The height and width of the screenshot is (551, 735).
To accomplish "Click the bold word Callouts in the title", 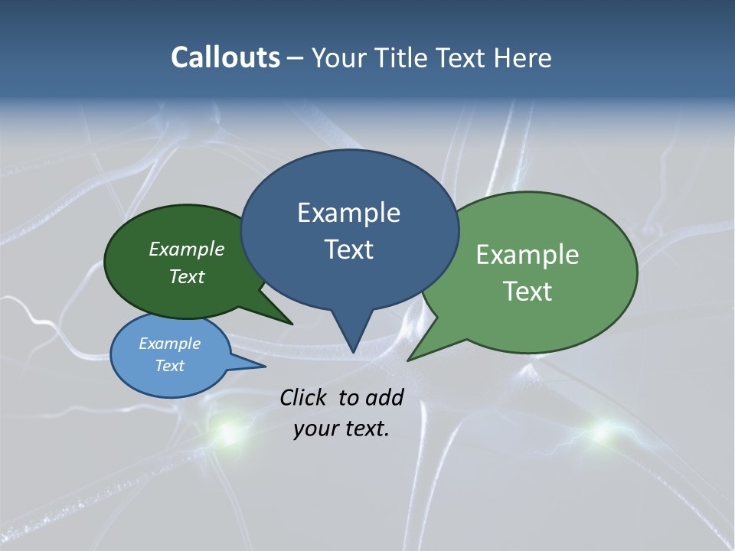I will point(225,57).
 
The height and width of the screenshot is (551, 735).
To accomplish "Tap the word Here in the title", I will point(523,57).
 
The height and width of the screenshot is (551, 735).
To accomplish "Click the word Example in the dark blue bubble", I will point(348,213).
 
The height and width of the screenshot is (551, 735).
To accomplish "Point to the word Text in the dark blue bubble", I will point(348,249).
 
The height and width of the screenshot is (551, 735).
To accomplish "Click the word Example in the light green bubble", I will point(528,255).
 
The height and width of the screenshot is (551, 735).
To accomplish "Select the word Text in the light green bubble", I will point(528,292).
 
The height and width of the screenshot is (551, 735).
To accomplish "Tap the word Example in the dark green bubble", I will point(187,249).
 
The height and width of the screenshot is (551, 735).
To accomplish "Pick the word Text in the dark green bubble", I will point(187,276).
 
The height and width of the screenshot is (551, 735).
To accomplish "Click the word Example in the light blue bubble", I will point(170,344).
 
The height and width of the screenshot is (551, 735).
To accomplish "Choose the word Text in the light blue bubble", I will point(170,366).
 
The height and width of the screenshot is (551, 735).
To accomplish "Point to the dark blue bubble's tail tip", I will point(353,351).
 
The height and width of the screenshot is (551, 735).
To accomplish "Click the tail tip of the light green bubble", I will point(409,359).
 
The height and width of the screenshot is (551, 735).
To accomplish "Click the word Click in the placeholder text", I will point(304,397).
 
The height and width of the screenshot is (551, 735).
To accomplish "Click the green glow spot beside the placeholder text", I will point(227,432).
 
